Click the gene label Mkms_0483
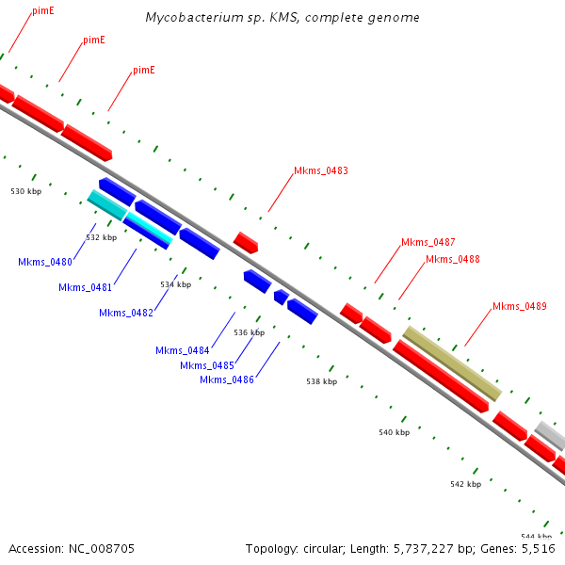click(x=320, y=171)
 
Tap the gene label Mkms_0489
click(x=519, y=306)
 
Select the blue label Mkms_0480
click(x=45, y=262)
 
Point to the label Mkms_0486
click(x=227, y=379)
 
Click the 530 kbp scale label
click(x=26, y=191)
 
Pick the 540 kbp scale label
click(x=395, y=432)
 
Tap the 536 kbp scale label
click(x=249, y=332)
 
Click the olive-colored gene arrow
click(x=452, y=363)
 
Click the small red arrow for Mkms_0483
click(x=246, y=242)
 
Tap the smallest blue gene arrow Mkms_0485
click(x=281, y=297)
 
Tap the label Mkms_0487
click(x=428, y=242)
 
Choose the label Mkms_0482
click(x=125, y=313)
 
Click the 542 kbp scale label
click(x=465, y=484)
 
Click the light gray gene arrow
click(x=550, y=435)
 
